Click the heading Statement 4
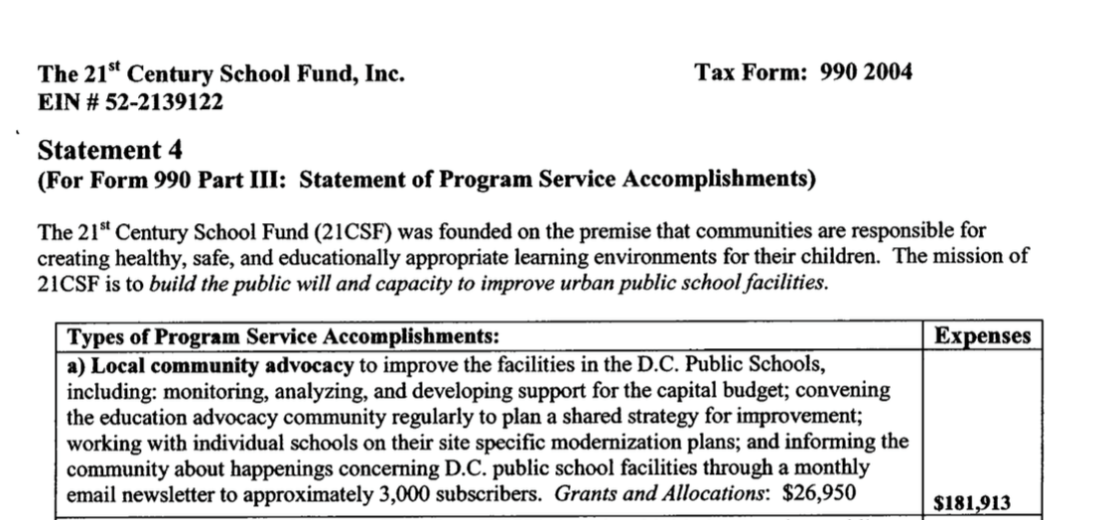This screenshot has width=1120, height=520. click(x=109, y=151)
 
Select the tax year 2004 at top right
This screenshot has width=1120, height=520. click(x=887, y=72)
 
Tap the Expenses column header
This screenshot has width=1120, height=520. click(x=982, y=336)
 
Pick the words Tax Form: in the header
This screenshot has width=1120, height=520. click(x=753, y=72)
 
